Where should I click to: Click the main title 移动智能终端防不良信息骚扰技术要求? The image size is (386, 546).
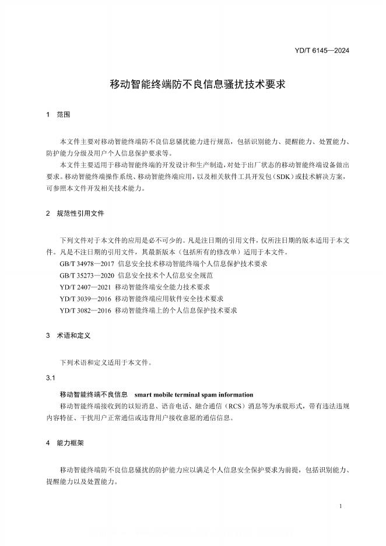click(197, 83)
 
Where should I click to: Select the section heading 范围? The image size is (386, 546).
click(63, 115)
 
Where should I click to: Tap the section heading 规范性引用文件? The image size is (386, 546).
click(80, 214)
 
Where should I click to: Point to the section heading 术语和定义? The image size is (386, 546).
click(73, 336)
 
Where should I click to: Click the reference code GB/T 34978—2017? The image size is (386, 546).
click(87, 264)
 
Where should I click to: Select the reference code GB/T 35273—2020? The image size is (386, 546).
click(87, 275)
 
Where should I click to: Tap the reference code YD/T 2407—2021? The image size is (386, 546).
click(86, 287)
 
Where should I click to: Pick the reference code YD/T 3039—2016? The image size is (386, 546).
click(86, 299)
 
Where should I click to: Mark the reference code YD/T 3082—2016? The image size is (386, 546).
click(86, 310)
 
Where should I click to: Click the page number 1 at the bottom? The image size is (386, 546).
click(340, 506)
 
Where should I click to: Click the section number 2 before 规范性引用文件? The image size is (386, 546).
click(48, 214)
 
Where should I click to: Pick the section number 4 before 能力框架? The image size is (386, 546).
click(48, 443)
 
